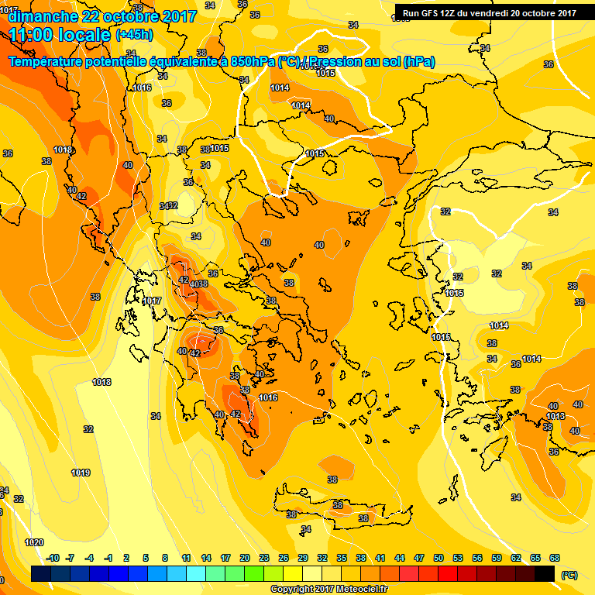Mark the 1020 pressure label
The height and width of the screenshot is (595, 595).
click(x=35, y=542)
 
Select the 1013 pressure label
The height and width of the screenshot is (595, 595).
click(x=555, y=417)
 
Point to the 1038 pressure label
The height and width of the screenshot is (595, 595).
click(x=199, y=284)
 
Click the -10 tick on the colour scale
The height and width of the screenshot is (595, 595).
click(x=53, y=559)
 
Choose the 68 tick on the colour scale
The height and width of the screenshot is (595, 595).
click(x=555, y=559)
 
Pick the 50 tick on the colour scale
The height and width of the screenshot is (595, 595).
click(x=439, y=559)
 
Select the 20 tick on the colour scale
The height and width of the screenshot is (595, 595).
click(x=245, y=559)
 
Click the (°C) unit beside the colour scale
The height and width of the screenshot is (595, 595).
click(x=568, y=575)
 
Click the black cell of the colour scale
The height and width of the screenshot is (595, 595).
click(x=545, y=574)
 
